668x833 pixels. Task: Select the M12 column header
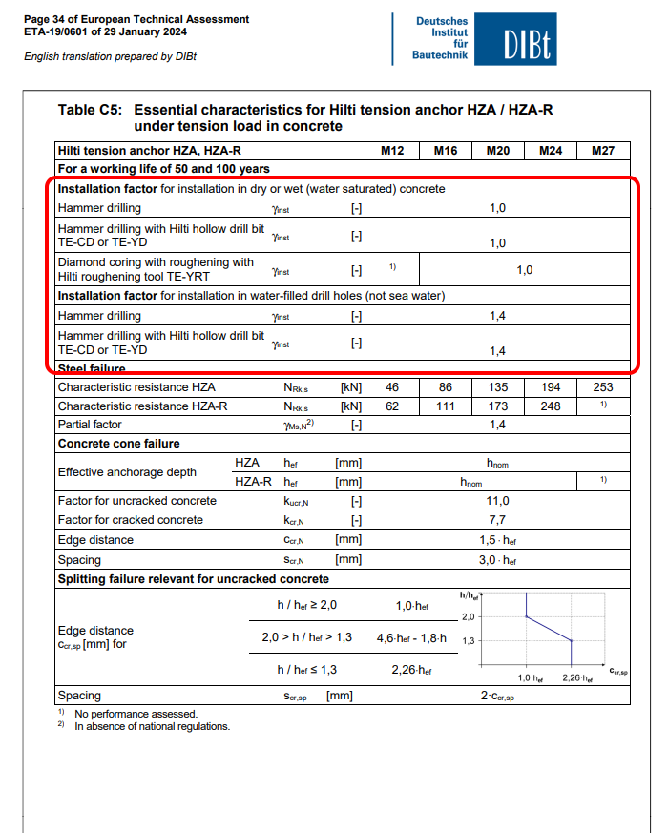click(392, 151)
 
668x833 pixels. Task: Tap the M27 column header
click(603, 151)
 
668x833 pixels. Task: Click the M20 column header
click(497, 151)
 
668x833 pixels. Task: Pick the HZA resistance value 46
click(392, 388)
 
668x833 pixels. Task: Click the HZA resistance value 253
click(603, 388)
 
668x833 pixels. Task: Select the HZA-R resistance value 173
click(497, 406)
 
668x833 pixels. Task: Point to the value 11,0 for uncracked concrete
click(497, 501)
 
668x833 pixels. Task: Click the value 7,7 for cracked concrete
click(497, 520)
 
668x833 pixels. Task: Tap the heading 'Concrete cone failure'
click(119, 444)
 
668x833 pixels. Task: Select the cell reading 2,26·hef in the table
click(412, 670)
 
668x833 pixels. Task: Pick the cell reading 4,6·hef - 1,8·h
click(412, 637)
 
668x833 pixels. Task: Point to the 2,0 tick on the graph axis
click(469, 616)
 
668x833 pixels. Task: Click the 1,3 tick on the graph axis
click(469, 641)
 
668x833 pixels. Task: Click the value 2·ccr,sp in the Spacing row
click(497, 697)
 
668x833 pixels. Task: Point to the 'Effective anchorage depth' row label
click(127, 472)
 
